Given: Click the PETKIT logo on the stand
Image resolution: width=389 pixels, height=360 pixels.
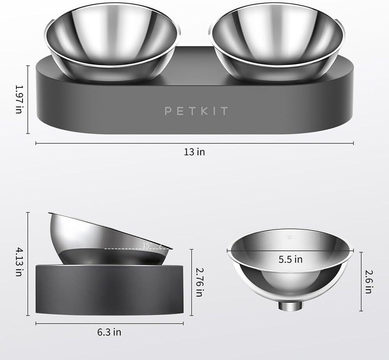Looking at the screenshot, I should [x=196, y=111].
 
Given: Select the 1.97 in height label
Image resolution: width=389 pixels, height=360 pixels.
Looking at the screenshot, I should [x=18, y=100].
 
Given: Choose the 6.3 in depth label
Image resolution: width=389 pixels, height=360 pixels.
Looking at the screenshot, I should [x=109, y=332].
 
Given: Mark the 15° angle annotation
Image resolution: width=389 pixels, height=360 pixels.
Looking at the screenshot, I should [x=147, y=245].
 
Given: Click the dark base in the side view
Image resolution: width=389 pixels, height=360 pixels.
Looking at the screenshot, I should [x=109, y=290].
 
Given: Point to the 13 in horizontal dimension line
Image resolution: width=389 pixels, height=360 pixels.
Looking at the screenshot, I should [x=117, y=143].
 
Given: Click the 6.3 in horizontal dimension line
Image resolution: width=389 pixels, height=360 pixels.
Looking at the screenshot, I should [x=70, y=323].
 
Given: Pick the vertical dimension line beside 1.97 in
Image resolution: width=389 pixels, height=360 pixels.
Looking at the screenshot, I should [x=28, y=99].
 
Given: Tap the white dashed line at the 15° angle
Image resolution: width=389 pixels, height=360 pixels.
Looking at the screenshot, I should [x=124, y=248].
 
